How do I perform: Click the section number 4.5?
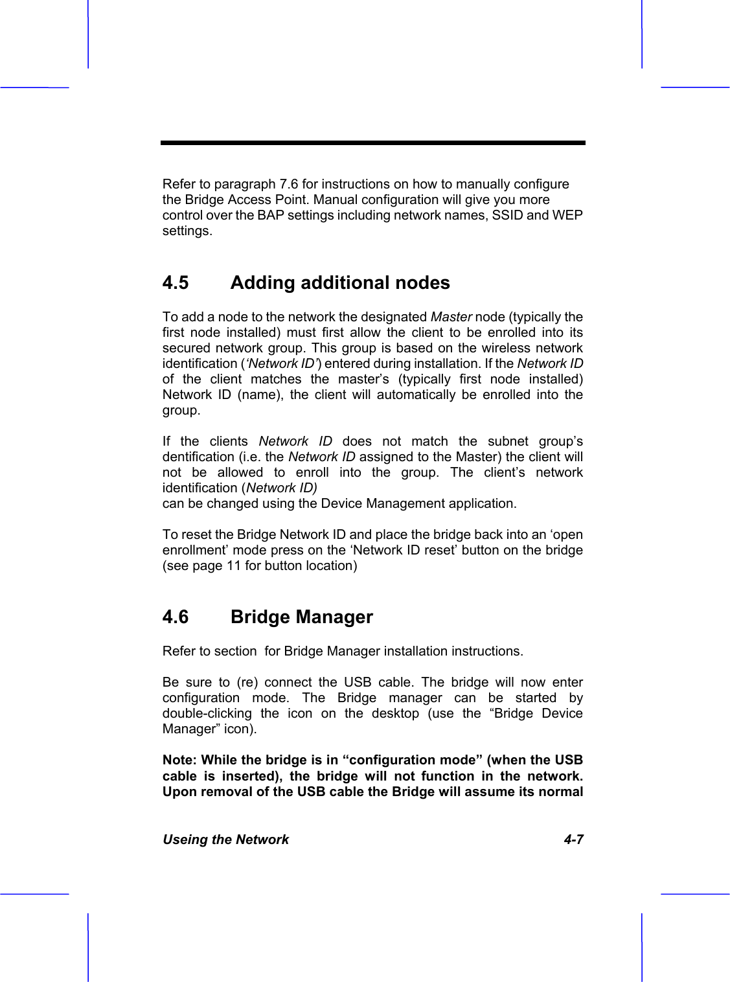coord(176,283)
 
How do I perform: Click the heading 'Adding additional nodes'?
coord(339,283)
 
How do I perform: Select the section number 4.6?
coord(176,617)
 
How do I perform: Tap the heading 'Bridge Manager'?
coord(301,617)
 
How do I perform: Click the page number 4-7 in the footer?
coord(573,839)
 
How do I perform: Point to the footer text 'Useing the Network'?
coord(225,839)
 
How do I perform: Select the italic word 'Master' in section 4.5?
coord(451,317)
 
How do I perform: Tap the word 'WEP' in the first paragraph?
coord(567,215)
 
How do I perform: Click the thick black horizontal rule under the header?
coord(373,143)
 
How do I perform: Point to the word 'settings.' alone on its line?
coord(187,231)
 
